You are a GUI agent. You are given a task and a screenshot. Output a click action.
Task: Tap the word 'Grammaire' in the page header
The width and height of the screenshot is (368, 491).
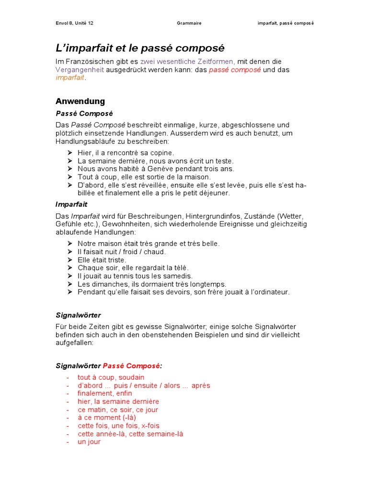coord(189,23)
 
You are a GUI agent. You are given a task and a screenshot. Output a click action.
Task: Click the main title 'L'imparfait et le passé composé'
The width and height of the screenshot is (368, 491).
coord(140,48)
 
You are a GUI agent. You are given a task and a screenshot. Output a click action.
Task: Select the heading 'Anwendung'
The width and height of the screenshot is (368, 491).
coord(80,101)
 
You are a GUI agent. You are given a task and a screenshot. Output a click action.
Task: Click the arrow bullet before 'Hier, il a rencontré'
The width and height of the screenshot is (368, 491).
coord(69,152)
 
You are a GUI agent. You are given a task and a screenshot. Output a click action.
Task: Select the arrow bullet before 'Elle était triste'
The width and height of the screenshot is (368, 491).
coord(69,260)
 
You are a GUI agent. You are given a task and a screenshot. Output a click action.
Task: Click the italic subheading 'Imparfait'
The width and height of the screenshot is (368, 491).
coord(71,204)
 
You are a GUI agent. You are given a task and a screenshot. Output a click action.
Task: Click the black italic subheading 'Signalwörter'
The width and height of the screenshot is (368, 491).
coord(78,315)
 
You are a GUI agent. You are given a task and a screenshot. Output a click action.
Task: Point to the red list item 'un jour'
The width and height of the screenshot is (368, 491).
coord(89,442)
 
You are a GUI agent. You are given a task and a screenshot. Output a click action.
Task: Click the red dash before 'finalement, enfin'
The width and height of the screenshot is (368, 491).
coord(68,394)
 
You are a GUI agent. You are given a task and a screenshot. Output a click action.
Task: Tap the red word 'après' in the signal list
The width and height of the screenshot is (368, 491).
coord(200,386)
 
